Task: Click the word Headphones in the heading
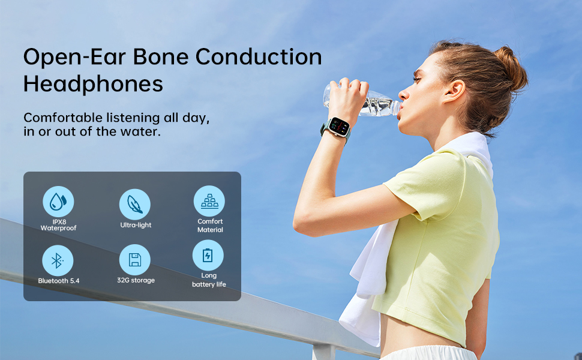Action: [x=93, y=84]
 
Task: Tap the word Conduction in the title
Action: [x=259, y=57]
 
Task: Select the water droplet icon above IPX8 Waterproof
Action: [x=58, y=202]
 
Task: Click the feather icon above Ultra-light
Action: [x=135, y=205]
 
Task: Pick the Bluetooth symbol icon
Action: [x=58, y=260]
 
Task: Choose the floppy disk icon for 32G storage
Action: [x=135, y=260]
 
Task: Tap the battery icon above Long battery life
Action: [x=208, y=256]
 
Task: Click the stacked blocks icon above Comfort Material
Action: [x=209, y=201]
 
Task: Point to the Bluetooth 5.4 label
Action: [x=59, y=281]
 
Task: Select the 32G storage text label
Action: [x=136, y=280]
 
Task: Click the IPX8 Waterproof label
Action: [x=59, y=225]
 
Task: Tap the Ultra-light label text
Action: [x=136, y=225]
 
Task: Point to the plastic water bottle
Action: [x=361, y=101]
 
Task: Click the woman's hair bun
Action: [x=511, y=68]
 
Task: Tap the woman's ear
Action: [x=454, y=91]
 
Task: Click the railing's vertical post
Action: [x=323, y=352]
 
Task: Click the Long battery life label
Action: [x=209, y=280]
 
